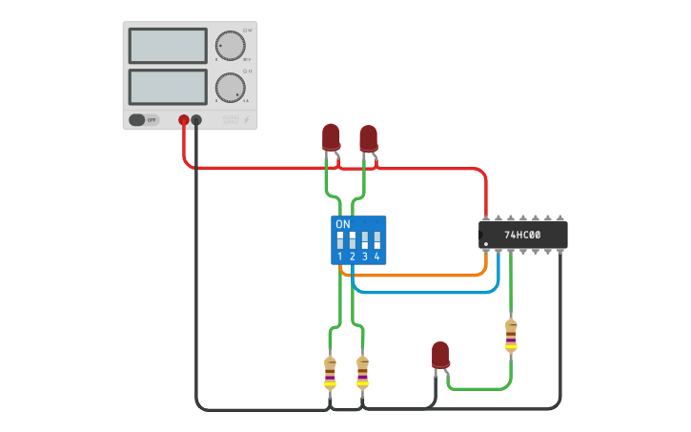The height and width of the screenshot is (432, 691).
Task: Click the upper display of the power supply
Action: (x=167, y=46)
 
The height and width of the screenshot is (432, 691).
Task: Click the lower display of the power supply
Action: (x=167, y=87)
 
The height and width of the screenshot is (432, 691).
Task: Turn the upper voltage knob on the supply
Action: (x=230, y=45)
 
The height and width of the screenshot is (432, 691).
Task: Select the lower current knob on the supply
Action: (x=230, y=87)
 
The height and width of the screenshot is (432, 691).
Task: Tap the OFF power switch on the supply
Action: (x=143, y=120)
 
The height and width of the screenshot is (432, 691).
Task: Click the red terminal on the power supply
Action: (x=184, y=120)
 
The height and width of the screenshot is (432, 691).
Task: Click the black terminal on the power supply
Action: (x=196, y=120)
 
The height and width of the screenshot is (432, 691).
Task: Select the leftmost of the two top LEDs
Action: (x=331, y=136)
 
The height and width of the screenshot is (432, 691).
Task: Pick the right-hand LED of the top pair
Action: (x=368, y=138)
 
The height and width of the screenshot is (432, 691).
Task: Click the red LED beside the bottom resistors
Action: (x=439, y=355)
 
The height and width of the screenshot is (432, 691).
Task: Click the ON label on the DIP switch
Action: (x=343, y=224)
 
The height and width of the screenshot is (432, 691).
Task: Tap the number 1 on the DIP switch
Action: (x=339, y=257)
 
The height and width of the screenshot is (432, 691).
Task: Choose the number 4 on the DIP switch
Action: (x=377, y=257)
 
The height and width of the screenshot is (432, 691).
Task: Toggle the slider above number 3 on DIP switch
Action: (x=365, y=238)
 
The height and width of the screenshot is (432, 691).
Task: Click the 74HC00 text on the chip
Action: (x=522, y=235)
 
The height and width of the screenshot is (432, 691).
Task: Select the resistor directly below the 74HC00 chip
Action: (x=511, y=336)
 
